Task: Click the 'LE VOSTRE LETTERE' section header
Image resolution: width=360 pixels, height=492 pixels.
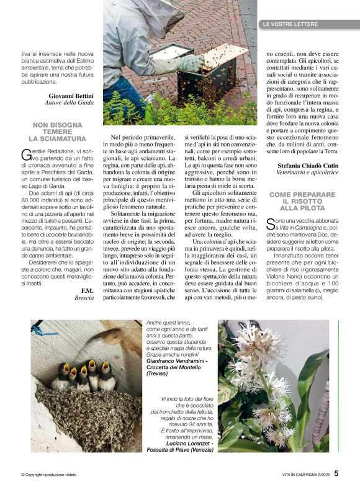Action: [290, 24]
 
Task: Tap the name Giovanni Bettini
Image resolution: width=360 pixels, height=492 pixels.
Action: [66, 96]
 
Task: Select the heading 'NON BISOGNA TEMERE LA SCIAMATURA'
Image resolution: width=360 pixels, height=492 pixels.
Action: [60, 132]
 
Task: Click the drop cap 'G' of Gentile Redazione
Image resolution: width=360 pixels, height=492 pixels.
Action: [25, 154]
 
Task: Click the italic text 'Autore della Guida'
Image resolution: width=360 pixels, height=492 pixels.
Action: [69, 103]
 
